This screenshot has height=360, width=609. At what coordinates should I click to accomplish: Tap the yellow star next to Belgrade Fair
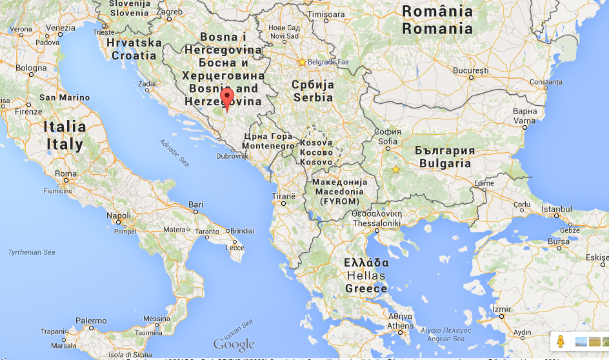tap(301, 62)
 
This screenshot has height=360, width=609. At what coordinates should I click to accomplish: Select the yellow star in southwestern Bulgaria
tap(395, 170)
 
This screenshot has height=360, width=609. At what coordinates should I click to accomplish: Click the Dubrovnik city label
tap(232, 156)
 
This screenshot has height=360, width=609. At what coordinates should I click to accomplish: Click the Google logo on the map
tap(234, 344)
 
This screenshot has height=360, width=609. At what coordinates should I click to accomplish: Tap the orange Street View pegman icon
tap(560, 341)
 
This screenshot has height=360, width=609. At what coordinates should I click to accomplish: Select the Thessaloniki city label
tap(377, 223)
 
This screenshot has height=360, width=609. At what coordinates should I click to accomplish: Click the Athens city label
tap(401, 326)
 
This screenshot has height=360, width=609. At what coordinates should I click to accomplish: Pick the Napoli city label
tap(118, 216)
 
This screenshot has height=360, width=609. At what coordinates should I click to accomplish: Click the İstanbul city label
tap(556, 209)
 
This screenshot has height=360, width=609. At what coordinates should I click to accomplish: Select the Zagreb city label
tap(169, 12)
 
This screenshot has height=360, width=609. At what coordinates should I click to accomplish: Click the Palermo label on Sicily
tap(91, 321)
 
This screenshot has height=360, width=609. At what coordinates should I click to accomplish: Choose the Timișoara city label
tap(326, 14)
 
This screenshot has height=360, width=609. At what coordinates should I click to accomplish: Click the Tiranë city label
tap(283, 196)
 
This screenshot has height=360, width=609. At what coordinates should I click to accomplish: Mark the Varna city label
tap(524, 121)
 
